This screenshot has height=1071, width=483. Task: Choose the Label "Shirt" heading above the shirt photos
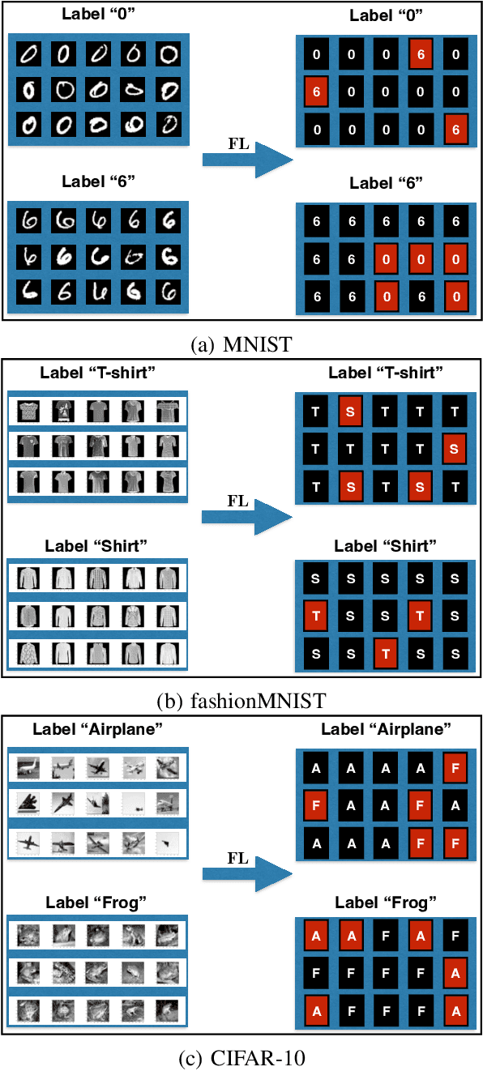tap(98, 546)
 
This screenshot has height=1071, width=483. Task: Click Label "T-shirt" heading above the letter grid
tap(387, 373)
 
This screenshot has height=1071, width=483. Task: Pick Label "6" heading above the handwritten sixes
tap(98, 181)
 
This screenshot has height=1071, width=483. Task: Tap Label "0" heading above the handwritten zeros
tap(98, 15)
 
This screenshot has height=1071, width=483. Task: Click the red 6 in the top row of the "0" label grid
tap(421, 55)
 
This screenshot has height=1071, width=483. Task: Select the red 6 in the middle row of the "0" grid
tap(316, 92)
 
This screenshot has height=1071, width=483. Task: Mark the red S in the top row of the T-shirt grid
tap(350, 412)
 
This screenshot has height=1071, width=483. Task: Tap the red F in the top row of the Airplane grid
tap(455, 767)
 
